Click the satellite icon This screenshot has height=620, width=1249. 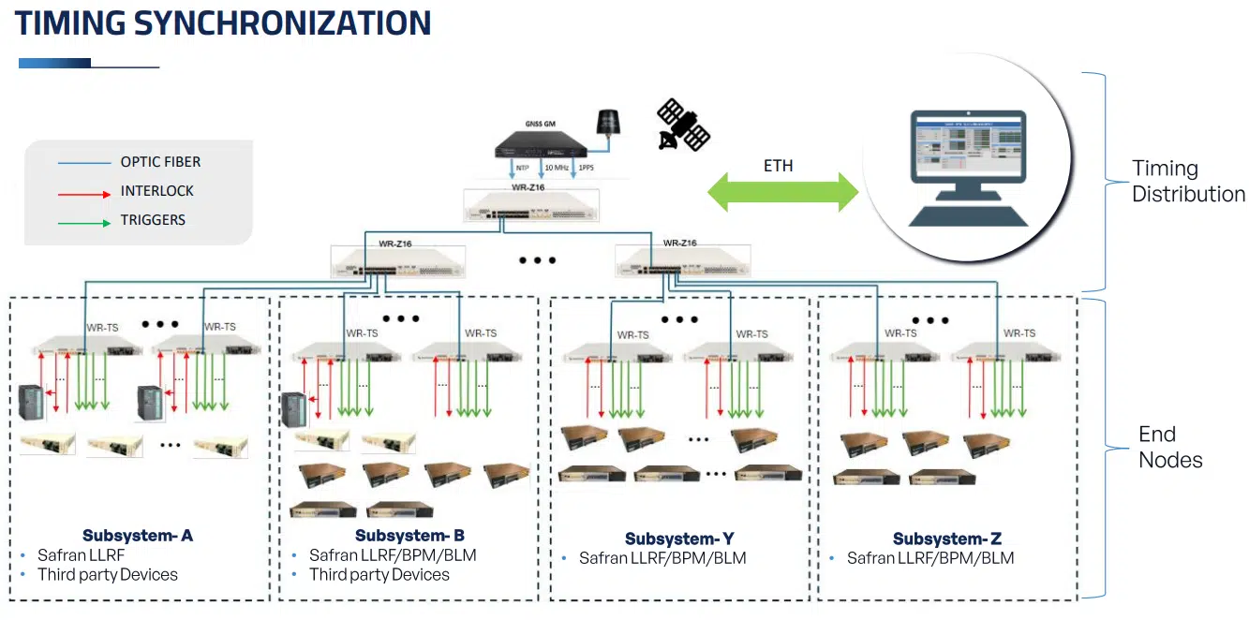pyautogui.click(x=683, y=125)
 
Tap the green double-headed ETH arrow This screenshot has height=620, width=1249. pyautogui.click(x=783, y=192)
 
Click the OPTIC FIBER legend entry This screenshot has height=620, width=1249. pyautogui.click(x=160, y=162)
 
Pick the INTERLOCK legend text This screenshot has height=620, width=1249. pyautogui.click(x=156, y=191)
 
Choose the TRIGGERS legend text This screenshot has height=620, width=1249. pyautogui.click(x=153, y=220)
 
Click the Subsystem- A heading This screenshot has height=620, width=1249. pyautogui.click(x=138, y=536)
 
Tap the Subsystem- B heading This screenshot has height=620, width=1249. pyautogui.click(x=409, y=536)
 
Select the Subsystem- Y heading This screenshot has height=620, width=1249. pyautogui.click(x=679, y=539)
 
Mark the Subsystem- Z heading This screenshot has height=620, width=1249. pyautogui.click(x=947, y=539)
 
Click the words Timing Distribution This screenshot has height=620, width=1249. pyautogui.click(x=1188, y=182)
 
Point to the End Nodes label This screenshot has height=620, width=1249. pyautogui.click(x=1170, y=447)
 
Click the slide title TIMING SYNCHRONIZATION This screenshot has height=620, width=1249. pyautogui.click(x=223, y=22)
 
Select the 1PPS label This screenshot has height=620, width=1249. pyautogui.click(x=585, y=168)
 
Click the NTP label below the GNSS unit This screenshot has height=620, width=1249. pyautogui.click(x=521, y=168)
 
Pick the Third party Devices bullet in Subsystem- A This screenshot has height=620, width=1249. pyautogui.click(x=107, y=574)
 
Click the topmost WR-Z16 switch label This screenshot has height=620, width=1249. pyautogui.click(x=528, y=187)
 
